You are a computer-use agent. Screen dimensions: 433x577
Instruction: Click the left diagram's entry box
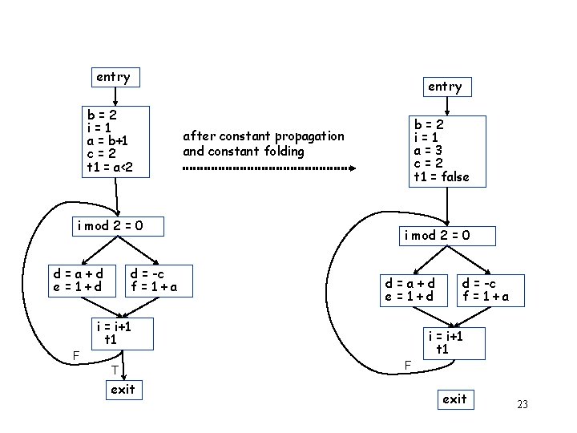(x=114, y=77)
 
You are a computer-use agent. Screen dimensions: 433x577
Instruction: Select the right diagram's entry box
(x=445, y=87)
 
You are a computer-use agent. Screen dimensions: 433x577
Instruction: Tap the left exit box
(x=123, y=390)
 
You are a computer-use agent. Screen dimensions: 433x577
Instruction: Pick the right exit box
(x=454, y=399)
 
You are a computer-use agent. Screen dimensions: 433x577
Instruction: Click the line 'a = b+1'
(x=107, y=140)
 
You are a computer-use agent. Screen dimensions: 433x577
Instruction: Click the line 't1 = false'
(x=442, y=176)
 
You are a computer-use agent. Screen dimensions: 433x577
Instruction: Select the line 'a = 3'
(x=429, y=150)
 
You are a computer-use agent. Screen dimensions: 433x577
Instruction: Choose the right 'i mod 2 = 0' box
(x=438, y=235)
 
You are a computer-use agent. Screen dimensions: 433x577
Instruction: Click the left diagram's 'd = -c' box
(x=153, y=280)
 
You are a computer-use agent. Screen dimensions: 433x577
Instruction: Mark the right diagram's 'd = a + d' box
(x=410, y=289)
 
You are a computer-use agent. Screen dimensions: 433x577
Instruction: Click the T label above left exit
(x=115, y=370)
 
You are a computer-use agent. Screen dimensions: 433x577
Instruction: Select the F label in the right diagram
(x=407, y=365)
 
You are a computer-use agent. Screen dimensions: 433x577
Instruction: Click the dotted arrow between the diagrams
(x=269, y=168)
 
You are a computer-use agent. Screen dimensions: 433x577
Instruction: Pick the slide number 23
(x=523, y=404)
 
